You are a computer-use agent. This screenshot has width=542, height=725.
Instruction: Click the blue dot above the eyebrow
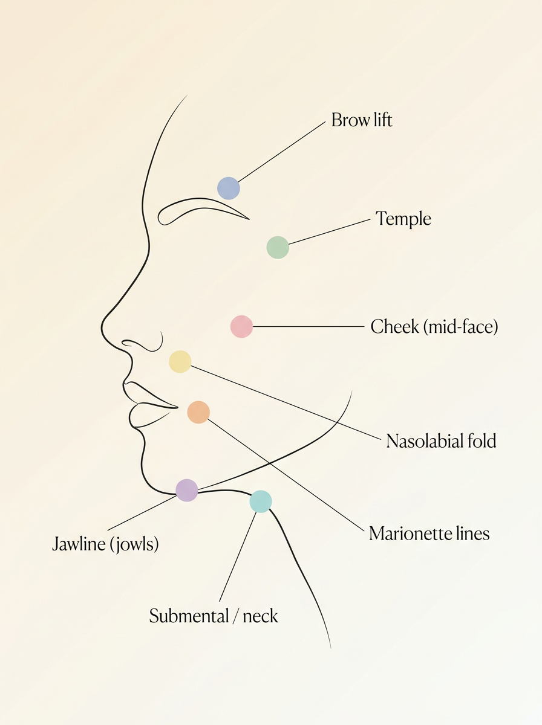click(229, 188)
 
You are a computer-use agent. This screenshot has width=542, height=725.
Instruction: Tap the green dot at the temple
click(278, 247)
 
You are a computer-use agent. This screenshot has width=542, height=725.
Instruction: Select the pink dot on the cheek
click(242, 326)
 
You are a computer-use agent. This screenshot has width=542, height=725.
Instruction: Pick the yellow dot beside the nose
click(180, 362)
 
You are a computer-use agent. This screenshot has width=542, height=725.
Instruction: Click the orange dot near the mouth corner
click(198, 412)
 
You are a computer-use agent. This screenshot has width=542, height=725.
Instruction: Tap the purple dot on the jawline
click(187, 490)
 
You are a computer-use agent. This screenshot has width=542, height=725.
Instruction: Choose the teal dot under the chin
click(261, 501)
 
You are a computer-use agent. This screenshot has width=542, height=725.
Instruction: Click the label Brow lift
click(362, 120)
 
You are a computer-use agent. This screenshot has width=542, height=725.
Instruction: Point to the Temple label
click(403, 218)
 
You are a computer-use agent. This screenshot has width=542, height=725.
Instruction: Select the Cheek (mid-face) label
click(434, 327)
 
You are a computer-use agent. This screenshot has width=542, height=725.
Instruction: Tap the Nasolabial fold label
click(441, 440)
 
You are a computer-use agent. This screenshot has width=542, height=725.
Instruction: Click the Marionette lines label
click(429, 533)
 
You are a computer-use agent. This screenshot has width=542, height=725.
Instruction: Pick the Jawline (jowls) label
click(105, 544)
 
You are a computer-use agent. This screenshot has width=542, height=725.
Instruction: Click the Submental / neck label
click(214, 616)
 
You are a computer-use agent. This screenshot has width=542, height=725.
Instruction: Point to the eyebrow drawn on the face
click(198, 199)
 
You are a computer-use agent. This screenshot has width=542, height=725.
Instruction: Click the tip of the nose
click(102, 327)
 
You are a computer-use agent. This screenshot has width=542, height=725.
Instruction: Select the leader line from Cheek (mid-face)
click(309, 326)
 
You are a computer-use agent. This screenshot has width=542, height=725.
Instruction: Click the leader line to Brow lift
click(282, 152)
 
